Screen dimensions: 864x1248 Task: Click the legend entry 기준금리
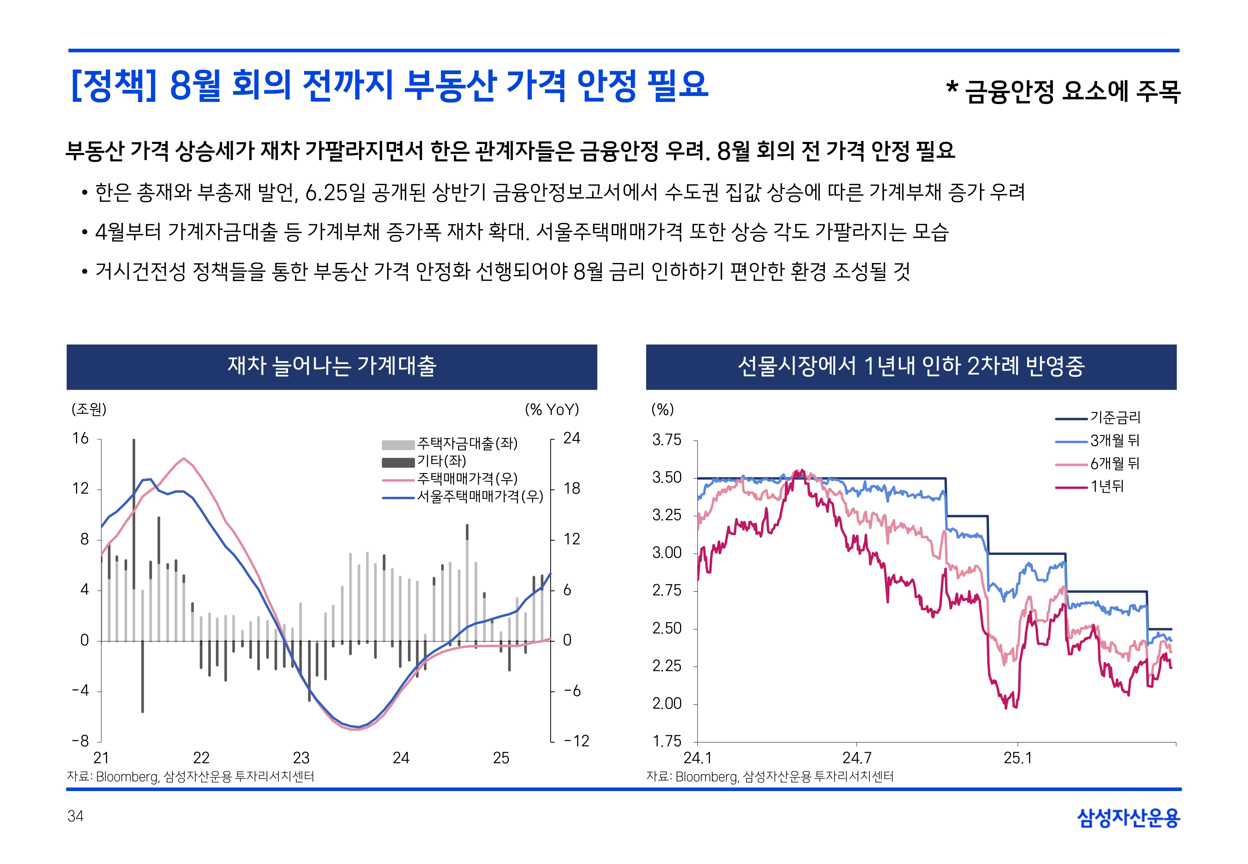pyautogui.click(x=1115, y=417)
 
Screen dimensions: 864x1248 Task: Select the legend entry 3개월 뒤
pyautogui.click(x=1114, y=441)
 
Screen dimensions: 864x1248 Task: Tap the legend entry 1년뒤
pyautogui.click(x=1107, y=487)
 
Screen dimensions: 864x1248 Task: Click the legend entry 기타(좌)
pyautogui.click(x=441, y=461)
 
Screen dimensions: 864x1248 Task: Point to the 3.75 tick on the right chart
pyautogui.click(x=666, y=440)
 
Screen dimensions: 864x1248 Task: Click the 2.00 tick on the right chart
pyautogui.click(x=666, y=704)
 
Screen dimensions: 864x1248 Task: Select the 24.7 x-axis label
pyautogui.click(x=857, y=758)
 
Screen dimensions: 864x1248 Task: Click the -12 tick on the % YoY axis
pyautogui.click(x=576, y=741)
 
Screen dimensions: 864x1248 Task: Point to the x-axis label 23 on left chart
pyautogui.click(x=301, y=758)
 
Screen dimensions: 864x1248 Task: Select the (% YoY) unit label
pyautogui.click(x=551, y=409)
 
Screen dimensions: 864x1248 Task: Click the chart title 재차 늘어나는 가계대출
pyautogui.click(x=332, y=366)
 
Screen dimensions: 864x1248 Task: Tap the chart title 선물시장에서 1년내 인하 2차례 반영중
pyautogui.click(x=911, y=366)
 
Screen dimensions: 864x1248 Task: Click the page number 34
pyautogui.click(x=75, y=816)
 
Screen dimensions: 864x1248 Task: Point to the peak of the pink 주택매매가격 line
pyautogui.click(x=184, y=458)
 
